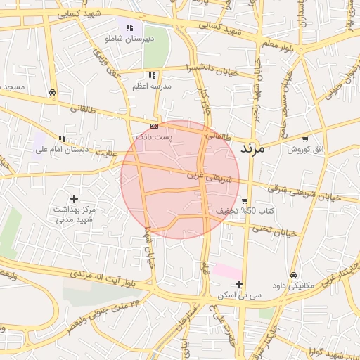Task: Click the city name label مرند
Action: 251,148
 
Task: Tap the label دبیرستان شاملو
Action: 129,40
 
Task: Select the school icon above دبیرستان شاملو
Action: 129,28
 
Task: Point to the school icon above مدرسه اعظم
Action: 151,75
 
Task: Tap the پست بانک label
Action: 155,136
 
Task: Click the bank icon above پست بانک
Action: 155,126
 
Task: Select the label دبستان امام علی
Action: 63,150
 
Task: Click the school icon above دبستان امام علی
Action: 63,139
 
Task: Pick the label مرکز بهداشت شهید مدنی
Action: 75,215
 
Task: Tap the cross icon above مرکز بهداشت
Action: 75,199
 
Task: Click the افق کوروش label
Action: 304,150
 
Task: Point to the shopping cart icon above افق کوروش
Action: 304,139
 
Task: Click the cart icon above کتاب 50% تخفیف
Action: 244,201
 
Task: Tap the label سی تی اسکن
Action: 240,296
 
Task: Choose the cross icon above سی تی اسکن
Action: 240,285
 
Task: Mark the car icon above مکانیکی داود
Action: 293,275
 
